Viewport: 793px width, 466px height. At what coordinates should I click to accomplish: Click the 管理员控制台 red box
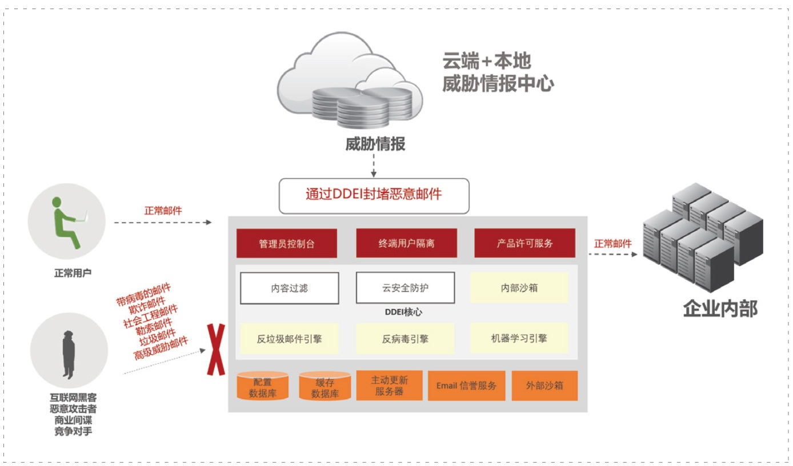(287, 243)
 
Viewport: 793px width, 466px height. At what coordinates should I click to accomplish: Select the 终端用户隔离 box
(406, 243)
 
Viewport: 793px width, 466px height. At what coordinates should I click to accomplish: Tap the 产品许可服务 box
(524, 243)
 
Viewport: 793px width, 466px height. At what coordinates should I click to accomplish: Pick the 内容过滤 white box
(289, 288)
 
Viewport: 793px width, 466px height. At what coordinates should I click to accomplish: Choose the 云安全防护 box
(405, 288)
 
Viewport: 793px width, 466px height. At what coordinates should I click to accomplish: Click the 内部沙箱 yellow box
(519, 288)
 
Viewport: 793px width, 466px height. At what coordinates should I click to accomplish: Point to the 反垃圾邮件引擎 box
(289, 339)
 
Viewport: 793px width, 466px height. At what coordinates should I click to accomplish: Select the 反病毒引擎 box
(405, 339)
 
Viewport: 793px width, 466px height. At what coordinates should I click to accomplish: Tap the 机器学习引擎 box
(519, 338)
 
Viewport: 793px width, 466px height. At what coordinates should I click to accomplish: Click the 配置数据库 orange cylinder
(262, 387)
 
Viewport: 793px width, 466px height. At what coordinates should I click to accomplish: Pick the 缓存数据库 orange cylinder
(325, 387)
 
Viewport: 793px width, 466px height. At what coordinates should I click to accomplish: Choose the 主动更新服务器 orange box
(389, 385)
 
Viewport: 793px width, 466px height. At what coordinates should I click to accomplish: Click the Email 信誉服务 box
(466, 385)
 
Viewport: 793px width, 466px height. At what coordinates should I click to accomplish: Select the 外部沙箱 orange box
(544, 385)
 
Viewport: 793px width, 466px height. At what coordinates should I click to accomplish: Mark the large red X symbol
(215, 349)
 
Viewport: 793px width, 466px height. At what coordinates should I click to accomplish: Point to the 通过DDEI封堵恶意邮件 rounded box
(374, 195)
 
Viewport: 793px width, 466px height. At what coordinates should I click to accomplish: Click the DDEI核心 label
(404, 312)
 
